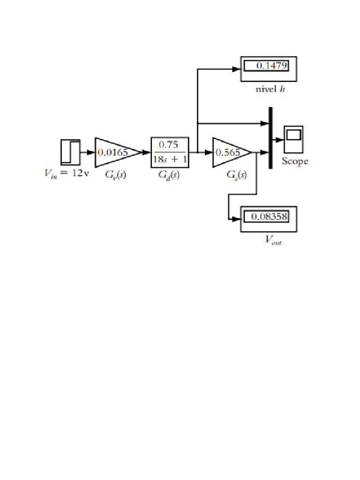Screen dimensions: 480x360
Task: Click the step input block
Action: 70,152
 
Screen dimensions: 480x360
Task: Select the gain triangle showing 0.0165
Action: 115,152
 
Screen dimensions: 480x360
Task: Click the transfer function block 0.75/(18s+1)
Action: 170,152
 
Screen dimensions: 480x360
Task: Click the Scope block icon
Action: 293,139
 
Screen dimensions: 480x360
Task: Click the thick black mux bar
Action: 270,137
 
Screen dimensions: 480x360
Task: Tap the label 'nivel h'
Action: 270,90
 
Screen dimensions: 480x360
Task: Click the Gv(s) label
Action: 115,175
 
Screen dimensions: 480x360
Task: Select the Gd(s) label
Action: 169,175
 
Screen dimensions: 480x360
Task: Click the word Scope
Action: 295,162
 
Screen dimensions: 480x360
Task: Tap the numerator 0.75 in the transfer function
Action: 170,145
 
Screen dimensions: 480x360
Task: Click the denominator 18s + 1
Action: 170,158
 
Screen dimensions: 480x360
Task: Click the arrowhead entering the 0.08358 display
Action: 237,219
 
